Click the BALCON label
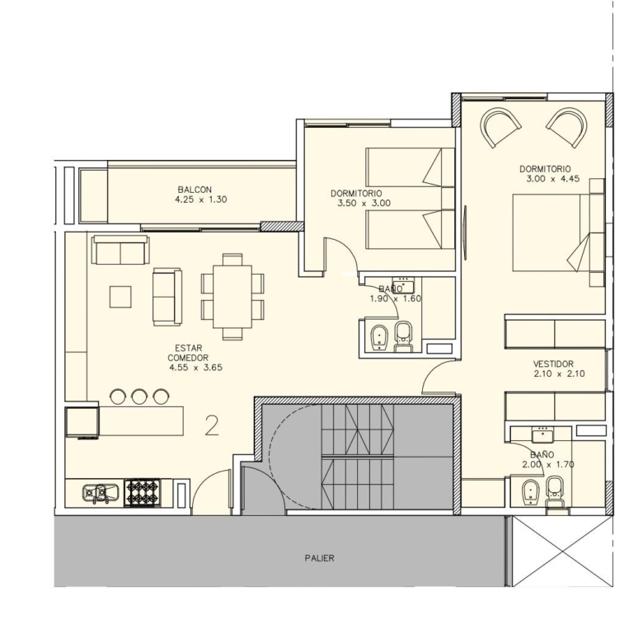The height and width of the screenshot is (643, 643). pos(195,190)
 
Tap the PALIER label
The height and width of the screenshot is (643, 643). pos(320,558)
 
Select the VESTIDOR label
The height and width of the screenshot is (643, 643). pos(553,364)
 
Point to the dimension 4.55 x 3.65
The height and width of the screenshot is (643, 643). pos(196,368)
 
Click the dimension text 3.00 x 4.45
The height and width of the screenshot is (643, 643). pos(553,179)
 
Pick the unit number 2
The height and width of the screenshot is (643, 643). pos(212,426)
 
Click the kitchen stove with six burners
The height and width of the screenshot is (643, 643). pos(143,492)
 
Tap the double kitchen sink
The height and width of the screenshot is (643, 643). pos(101,493)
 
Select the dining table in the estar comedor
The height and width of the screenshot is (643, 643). pos(232,297)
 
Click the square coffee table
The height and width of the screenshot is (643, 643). pos(120,297)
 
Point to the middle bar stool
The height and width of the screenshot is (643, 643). pos(139,397)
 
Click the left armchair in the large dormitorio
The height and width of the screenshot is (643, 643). pos(500,127)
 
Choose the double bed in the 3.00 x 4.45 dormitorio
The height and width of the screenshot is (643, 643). pos(558,232)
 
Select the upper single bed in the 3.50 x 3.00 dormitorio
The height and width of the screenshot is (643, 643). pos(410,167)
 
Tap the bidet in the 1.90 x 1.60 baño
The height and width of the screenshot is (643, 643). pos(379,338)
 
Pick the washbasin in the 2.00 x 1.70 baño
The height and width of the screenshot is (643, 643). pos(542,434)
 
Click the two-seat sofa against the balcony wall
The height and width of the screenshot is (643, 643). pos(120,250)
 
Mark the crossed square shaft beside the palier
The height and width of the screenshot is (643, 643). pos(562,551)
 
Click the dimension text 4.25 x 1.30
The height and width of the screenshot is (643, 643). pos(201,199)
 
